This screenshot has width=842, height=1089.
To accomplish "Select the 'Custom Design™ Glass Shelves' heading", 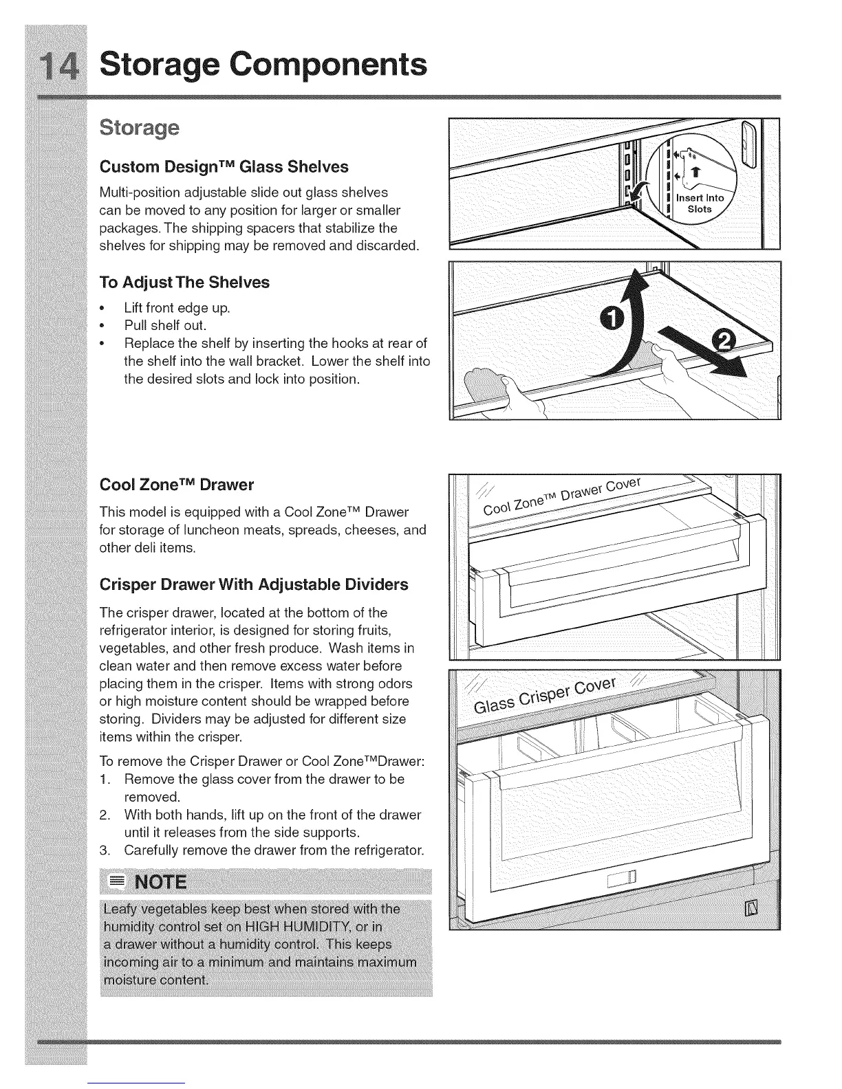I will pyautogui.click(x=224, y=167).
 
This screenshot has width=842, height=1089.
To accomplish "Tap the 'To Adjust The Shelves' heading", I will pyautogui.click(x=184, y=283).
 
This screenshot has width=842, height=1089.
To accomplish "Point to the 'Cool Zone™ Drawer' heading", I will pyautogui.click(x=177, y=485).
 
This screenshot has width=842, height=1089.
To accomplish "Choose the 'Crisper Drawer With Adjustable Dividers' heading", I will pyautogui.click(x=254, y=584).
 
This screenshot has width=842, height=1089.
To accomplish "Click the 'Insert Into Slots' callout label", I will pyautogui.click(x=700, y=203).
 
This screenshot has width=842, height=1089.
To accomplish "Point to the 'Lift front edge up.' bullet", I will pyautogui.click(x=177, y=308).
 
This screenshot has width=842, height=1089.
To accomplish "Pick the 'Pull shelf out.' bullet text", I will pyautogui.click(x=165, y=325).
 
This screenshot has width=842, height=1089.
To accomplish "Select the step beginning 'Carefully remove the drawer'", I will pyautogui.click(x=274, y=850).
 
